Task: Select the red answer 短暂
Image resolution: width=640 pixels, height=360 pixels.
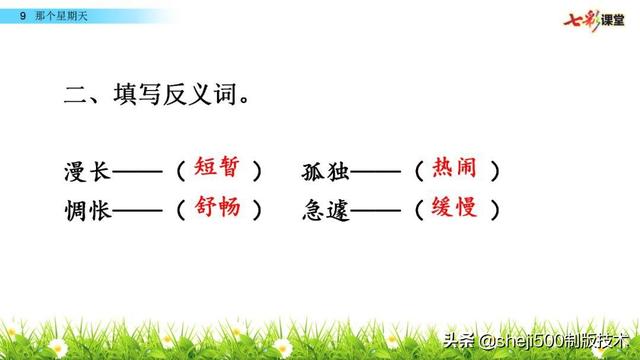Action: (x=218, y=168)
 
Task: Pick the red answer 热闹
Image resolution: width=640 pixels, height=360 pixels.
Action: (x=456, y=168)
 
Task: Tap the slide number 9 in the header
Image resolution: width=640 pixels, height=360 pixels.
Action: (x=22, y=14)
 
